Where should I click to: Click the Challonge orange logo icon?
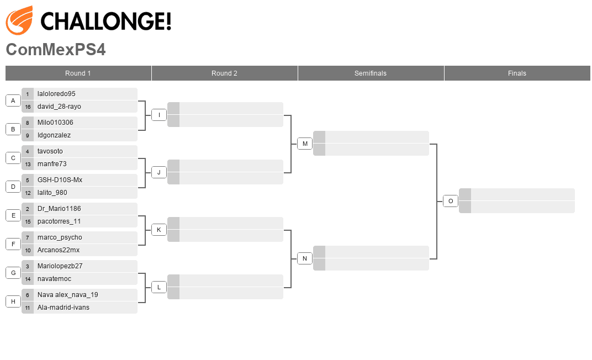[x=19, y=20]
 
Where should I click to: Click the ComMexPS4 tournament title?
[x=55, y=50]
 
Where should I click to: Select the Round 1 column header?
[x=78, y=73]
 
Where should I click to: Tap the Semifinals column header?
[x=371, y=73]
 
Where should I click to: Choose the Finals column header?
[x=517, y=73]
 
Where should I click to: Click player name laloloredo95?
[x=56, y=94]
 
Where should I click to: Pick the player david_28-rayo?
[x=59, y=107]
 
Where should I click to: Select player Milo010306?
[x=55, y=123]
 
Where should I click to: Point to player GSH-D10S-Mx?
[x=60, y=180]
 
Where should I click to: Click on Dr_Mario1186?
[x=59, y=209]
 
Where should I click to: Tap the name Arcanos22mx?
[x=59, y=250]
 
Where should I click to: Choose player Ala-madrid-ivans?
[x=64, y=308]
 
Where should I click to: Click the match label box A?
[x=13, y=100]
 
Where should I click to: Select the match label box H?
[x=13, y=301]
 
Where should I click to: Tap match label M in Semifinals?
[x=305, y=144]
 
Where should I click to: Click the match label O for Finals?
[x=451, y=201]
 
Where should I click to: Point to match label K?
[x=158, y=230]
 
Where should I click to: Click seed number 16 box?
[x=28, y=107]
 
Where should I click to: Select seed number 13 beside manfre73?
[x=28, y=164]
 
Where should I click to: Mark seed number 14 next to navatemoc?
[x=28, y=279]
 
